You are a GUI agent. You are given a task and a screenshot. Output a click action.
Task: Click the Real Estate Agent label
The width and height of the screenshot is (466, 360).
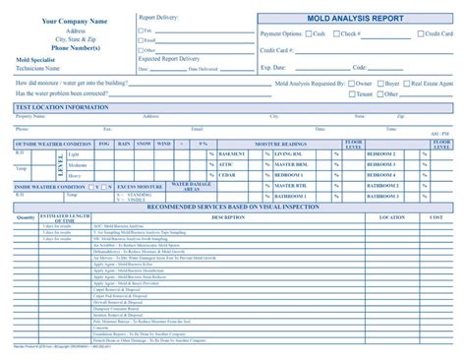pyautogui.click(x=433, y=85)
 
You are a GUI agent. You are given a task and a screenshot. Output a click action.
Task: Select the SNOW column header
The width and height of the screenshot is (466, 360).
pyautogui.click(x=144, y=144)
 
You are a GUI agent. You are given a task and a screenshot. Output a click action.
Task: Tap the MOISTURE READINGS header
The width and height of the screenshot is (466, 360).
pyautogui.click(x=282, y=144)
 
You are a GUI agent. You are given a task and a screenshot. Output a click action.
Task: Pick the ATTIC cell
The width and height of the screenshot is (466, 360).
pyautogui.click(x=227, y=164)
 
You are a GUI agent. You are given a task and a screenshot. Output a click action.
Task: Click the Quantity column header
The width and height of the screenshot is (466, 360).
pyautogui.click(x=26, y=217)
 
